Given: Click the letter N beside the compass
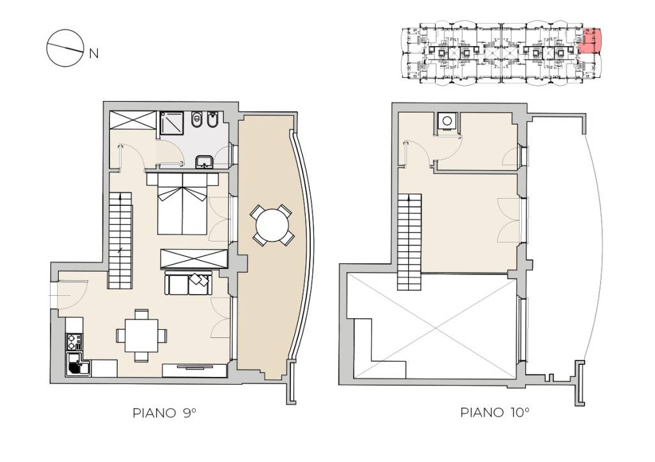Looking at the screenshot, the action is pos(94,54).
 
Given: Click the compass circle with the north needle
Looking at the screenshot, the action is pos(65,47).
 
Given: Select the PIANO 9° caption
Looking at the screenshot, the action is pos(164,413).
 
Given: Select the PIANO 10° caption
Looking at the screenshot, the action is pos(494,412).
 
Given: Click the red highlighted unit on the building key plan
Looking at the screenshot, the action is pos(591,40).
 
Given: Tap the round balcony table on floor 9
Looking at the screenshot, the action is pos(272,225).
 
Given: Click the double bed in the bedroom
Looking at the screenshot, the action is pos(182,203).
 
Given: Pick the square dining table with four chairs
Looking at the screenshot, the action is pos(141,335).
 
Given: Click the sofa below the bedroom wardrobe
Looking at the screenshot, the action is pos(189,283).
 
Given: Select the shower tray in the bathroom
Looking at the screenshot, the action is pos(171,123).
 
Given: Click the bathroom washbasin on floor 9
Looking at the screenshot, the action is pos(204,161).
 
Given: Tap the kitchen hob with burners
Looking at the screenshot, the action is pos(74,341).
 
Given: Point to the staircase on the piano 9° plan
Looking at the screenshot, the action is pos(120,240).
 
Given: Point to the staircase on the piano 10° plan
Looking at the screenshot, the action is pos(409,242).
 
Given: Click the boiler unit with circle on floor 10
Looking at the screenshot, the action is pos(447,121).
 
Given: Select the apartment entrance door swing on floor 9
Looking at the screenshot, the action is pos(72,294).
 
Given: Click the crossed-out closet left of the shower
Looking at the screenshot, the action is pos(133,119).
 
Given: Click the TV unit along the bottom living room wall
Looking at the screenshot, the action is pos(194,370).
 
